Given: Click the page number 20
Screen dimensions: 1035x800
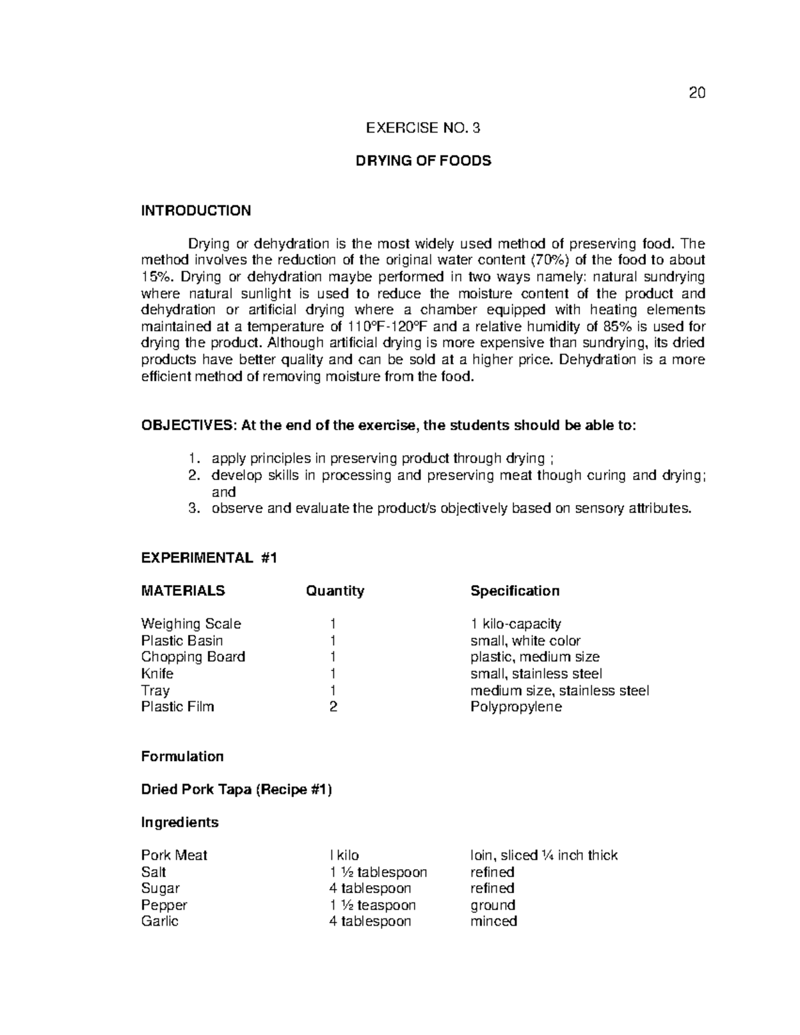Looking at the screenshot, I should tap(697, 93).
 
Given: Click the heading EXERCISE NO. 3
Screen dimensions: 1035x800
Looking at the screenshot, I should tap(423, 128).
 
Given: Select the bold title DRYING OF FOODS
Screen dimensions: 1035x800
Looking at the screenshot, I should tap(423, 161).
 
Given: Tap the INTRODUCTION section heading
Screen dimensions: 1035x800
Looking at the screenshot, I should tap(196, 211).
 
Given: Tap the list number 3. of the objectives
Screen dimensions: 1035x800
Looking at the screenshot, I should tap(193, 509).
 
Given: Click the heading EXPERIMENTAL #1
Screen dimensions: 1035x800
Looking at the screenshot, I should tap(209, 558).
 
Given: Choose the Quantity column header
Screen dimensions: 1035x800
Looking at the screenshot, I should tap(335, 590).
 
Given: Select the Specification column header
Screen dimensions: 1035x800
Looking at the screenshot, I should tap(515, 590).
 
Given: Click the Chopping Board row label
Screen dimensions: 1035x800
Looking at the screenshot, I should tap(193, 656).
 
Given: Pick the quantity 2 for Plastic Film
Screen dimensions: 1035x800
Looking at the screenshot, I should tap(333, 706).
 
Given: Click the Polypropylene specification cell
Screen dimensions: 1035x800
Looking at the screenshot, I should tap(516, 706).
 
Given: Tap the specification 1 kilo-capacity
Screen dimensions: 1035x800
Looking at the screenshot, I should tap(515, 624).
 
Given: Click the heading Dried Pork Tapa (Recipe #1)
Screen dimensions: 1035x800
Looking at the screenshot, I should tap(236, 789).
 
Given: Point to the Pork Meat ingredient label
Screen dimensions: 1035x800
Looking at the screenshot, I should tap(174, 855).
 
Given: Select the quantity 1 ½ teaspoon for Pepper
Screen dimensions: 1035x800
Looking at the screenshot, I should tap(373, 905).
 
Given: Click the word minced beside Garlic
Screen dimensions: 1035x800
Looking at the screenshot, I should tap(493, 921).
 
